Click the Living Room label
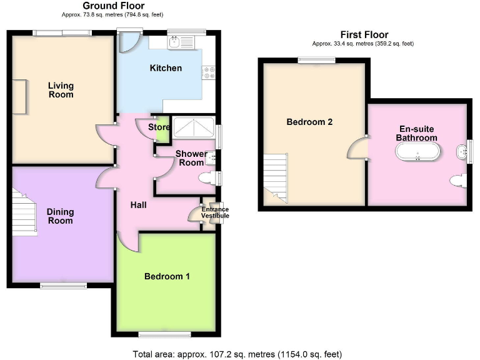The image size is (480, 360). tap(61, 90)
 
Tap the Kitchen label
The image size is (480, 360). tap(166, 68)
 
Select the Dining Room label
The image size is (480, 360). tap(60, 216)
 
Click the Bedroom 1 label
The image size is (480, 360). tap(167, 277)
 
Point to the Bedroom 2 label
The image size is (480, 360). tap(309, 122)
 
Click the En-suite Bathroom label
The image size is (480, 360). tap(417, 133)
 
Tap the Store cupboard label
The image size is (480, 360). tap(159, 127)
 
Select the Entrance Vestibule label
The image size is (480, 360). tap(214, 212)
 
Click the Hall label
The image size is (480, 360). tap(138, 204)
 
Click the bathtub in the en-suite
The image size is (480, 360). tap(417, 152)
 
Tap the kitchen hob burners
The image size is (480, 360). tap(208, 72)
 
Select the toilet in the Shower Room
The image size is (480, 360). tap(206, 179)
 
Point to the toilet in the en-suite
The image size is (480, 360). tap(457, 181)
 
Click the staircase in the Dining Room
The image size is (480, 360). tap(23, 212)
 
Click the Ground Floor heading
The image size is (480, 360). tap(114, 6)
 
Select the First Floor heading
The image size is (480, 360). tap(364, 34)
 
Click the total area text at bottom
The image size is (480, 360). tap(237, 354)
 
